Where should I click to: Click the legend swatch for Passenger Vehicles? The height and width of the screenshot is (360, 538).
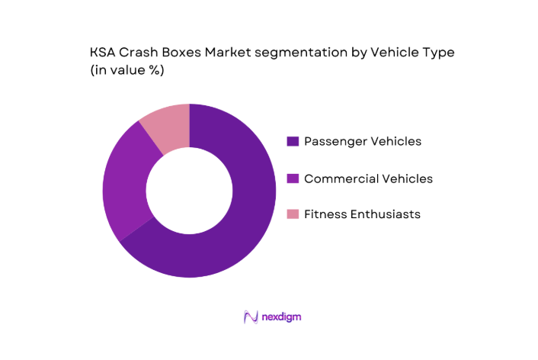[x=292, y=141]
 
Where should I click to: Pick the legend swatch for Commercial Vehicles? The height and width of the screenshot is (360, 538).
[x=292, y=178]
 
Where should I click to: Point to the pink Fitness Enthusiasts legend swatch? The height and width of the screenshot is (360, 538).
[x=292, y=215]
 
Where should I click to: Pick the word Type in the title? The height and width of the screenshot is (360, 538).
[x=437, y=53]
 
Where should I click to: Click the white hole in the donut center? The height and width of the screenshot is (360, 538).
[x=189, y=191]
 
